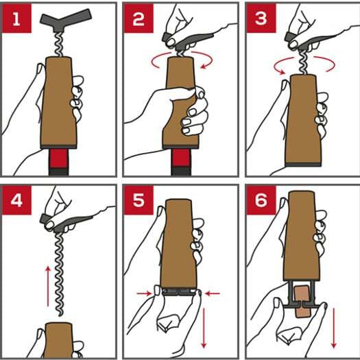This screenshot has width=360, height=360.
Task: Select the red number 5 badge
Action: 139,202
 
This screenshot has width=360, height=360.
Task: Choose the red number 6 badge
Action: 261,202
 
